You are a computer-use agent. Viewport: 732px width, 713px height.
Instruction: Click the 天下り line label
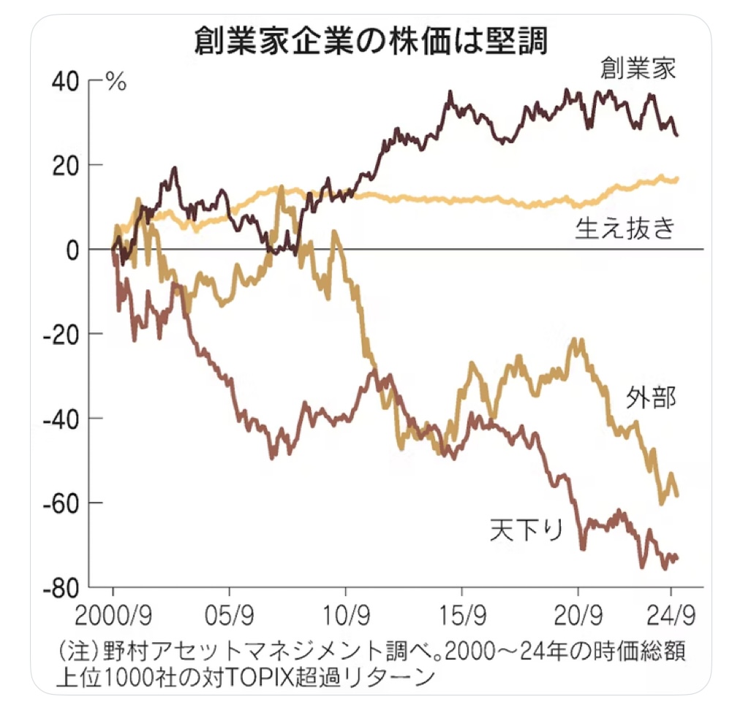coord(527,529)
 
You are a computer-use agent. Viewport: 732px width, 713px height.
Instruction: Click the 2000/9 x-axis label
coord(113,611)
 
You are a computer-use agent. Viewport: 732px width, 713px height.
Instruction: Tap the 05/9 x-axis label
coord(229,611)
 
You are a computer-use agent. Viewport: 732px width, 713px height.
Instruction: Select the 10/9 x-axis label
coord(345,611)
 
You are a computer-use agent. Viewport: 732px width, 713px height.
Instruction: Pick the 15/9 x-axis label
coord(461,611)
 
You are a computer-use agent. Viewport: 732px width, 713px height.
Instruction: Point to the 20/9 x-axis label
coord(578,611)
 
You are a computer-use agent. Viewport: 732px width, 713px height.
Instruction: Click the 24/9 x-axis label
coord(670,611)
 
